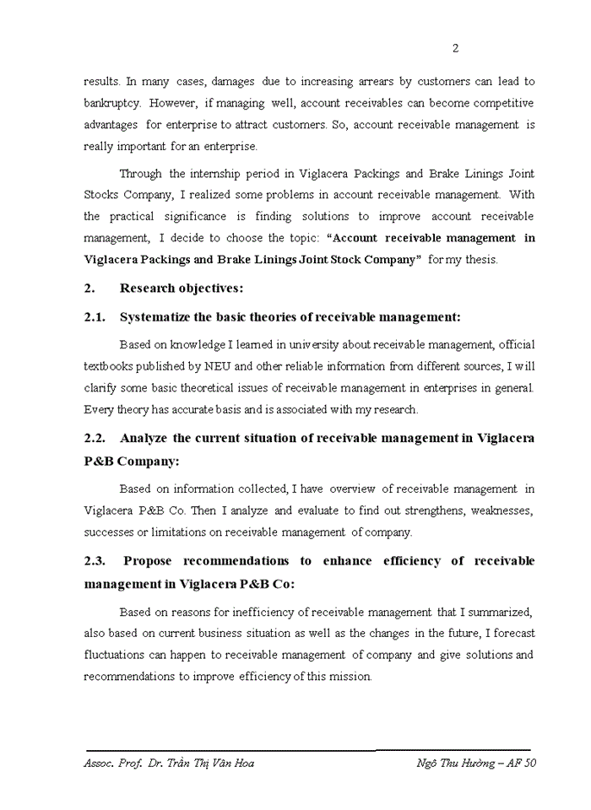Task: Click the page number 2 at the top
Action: pyautogui.click(x=456, y=48)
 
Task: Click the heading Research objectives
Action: pyautogui.click(x=182, y=288)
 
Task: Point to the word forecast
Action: pyautogui.click(x=512, y=633)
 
